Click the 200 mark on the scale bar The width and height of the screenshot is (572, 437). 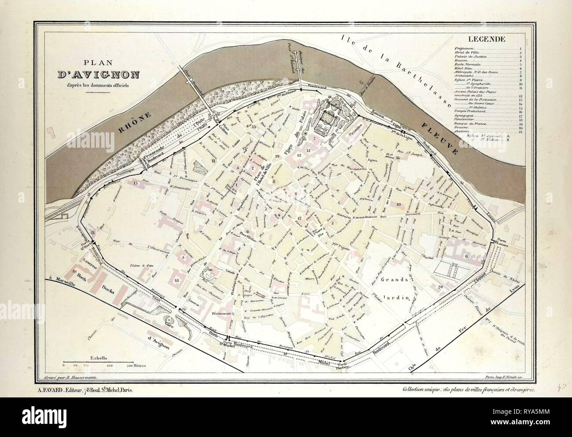[110, 366]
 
